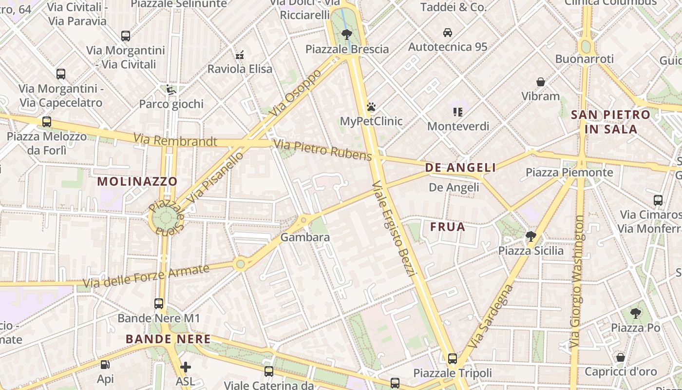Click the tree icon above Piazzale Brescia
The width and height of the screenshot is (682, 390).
point(346,34)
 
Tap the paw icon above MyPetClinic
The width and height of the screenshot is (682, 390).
point(371,106)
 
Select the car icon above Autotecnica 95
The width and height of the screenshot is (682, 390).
point(447,33)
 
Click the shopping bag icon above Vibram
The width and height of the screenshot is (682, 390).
point(540,81)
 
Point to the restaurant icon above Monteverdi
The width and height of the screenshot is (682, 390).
point(457,112)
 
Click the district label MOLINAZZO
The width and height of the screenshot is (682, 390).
point(137,181)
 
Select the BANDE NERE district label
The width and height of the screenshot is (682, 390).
point(168,339)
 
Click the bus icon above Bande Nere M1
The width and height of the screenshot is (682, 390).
point(159,303)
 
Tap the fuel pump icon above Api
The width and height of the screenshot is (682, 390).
point(105,364)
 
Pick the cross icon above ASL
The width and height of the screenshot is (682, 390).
point(185,367)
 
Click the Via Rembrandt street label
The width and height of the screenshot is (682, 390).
point(175,141)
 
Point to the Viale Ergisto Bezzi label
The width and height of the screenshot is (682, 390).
point(393,229)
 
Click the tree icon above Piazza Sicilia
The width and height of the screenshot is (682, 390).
point(530,236)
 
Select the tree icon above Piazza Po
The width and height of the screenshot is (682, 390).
point(635,313)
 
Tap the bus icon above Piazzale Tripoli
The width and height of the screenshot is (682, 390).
point(453,359)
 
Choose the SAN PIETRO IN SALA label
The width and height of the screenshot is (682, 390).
point(610,122)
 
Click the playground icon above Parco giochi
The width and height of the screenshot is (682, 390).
point(171,89)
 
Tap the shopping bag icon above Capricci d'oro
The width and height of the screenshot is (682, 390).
point(620,357)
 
